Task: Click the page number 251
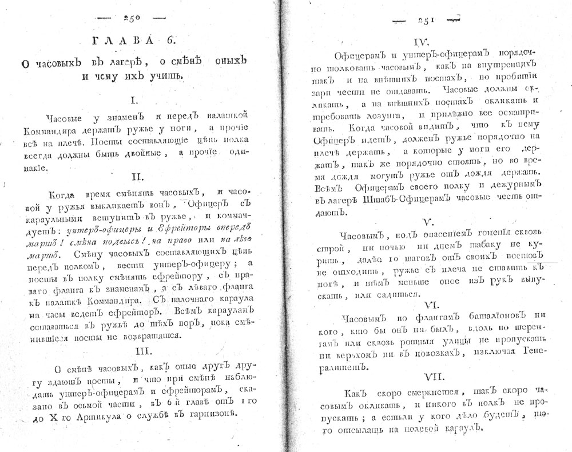pyautogui.click(x=426, y=21)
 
